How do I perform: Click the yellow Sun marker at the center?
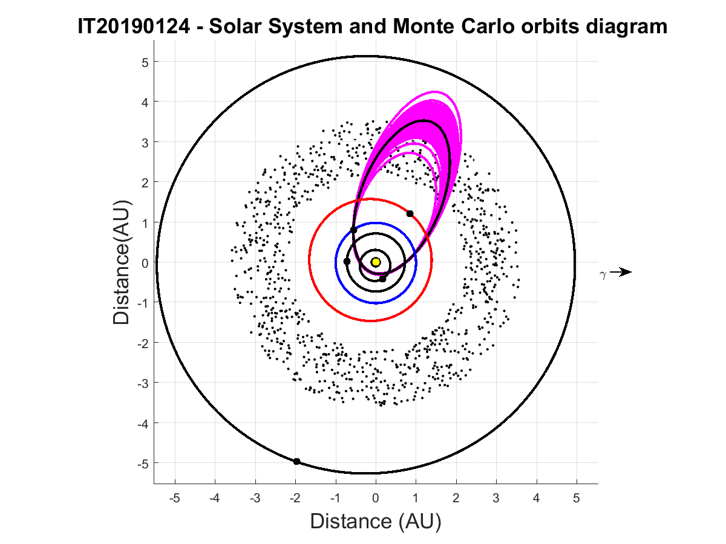(x=376, y=262)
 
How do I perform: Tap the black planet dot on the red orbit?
(x=410, y=214)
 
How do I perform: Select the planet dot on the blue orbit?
(x=347, y=261)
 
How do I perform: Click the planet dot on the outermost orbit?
(x=296, y=462)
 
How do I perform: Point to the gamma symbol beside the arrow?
(x=603, y=274)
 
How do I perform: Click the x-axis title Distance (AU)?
(x=376, y=521)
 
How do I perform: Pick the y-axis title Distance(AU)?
(x=122, y=262)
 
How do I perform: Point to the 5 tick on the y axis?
(x=138, y=62)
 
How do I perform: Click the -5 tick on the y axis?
(x=136, y=463)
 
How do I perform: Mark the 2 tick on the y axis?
(x=138, y=182)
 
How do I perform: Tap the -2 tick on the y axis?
(x=136, y=343)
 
